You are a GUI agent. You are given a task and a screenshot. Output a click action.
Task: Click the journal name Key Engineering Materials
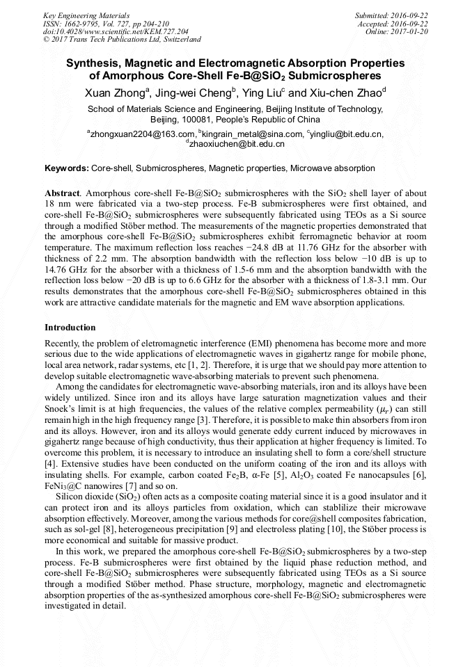86,15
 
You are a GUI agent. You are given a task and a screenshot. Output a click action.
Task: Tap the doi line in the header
116,32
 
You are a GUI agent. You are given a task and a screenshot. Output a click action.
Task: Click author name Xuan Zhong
113,93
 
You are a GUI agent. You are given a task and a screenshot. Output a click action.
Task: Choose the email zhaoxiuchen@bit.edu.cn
237,144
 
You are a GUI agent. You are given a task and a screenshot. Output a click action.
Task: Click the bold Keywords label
67,168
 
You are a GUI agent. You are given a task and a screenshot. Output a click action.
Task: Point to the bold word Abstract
62,193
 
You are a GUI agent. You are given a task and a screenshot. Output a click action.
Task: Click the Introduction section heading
70,327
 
